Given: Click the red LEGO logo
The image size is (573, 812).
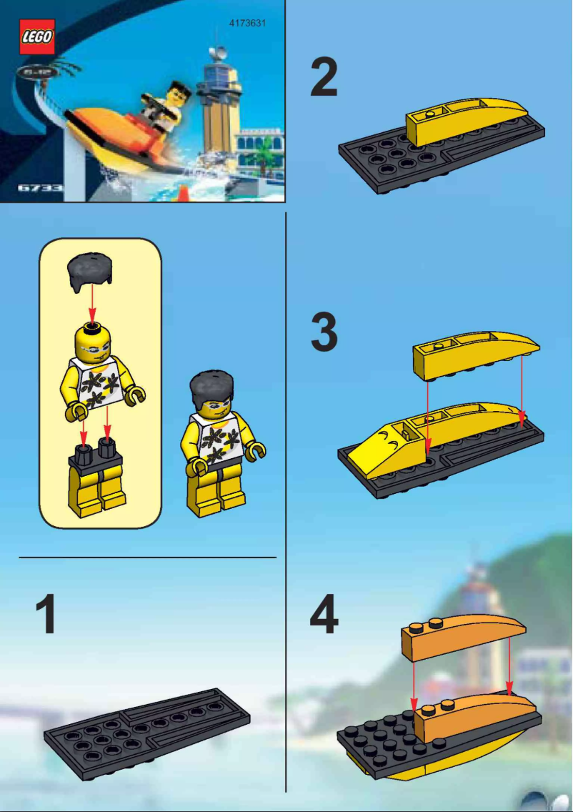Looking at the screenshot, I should pyautogui.click(x=37, y=37).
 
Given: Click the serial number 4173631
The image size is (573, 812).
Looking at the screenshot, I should pyautogui.click(x=247, y=23).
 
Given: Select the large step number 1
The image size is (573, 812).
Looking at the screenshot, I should pyautogui.click(x=47, y=616).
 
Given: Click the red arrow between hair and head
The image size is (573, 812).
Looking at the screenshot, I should pyautogui.click(x=91, y=306).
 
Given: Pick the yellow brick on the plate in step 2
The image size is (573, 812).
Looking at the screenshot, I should pyautogui.click(x=464, y=117).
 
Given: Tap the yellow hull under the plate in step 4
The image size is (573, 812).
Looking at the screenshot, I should pyautogui.click(x=457, y=758).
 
